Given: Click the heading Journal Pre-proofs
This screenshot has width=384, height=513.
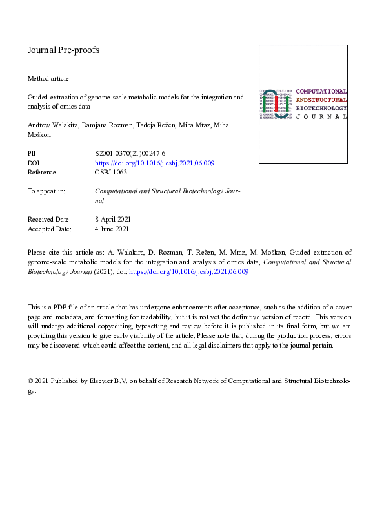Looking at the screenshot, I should click(x=63, y=50).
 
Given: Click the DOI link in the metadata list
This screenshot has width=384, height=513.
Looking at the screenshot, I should click(x=154, y=163).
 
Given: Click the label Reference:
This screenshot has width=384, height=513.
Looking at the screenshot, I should click(x=43, y=173).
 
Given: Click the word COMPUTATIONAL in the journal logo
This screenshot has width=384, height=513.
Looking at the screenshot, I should click(x=321, y=91).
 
